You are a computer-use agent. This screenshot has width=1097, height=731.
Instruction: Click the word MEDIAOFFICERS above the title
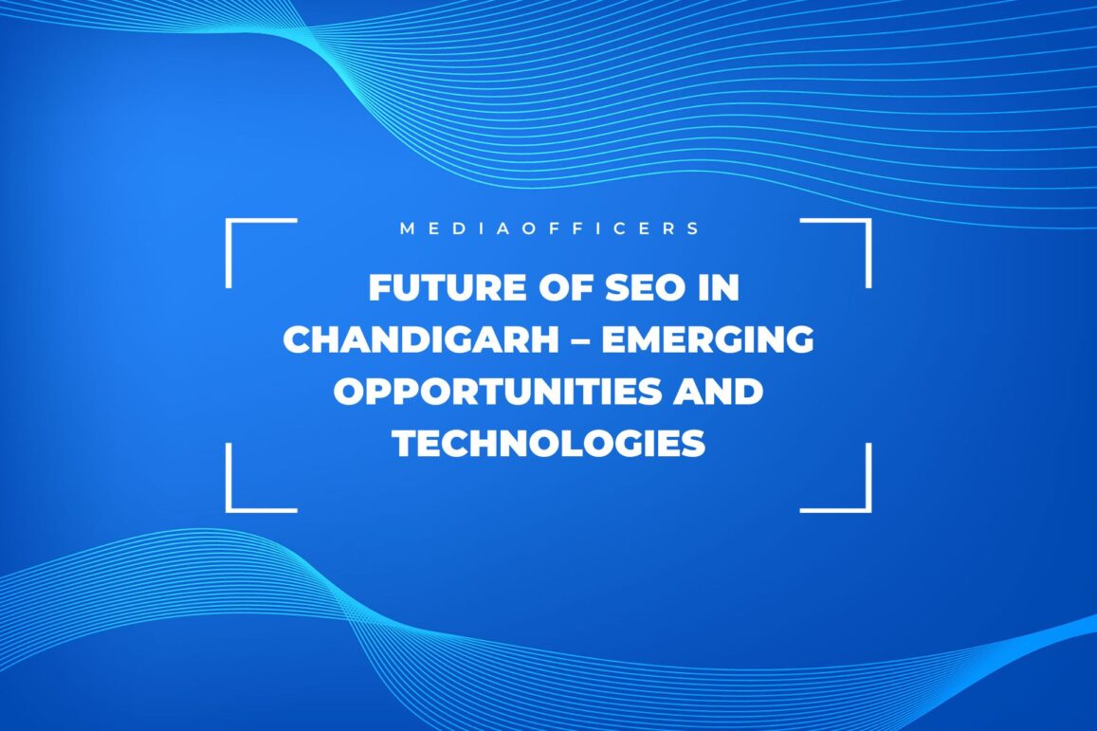tap(549, 228)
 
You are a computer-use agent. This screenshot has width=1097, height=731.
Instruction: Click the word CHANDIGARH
tap(420, 339)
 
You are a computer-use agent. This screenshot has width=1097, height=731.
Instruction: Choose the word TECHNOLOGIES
tap(548, 444)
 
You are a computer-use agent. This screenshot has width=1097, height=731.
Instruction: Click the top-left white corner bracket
tap(229, 221)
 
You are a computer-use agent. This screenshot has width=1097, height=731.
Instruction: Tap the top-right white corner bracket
tap(868, 221)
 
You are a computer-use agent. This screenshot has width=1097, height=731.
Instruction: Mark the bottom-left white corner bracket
tap(229, 508)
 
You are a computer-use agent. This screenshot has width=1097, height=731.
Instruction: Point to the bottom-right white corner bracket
tap(868, 508)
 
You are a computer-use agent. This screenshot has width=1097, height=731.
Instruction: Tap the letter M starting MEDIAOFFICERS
tap(407, 228)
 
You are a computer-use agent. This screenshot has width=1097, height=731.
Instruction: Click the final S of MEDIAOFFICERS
tap(693, 228)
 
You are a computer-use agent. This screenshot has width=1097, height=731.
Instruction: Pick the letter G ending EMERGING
tap(799, 339)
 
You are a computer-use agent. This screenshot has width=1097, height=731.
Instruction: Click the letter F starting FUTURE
tap(380, 287)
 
